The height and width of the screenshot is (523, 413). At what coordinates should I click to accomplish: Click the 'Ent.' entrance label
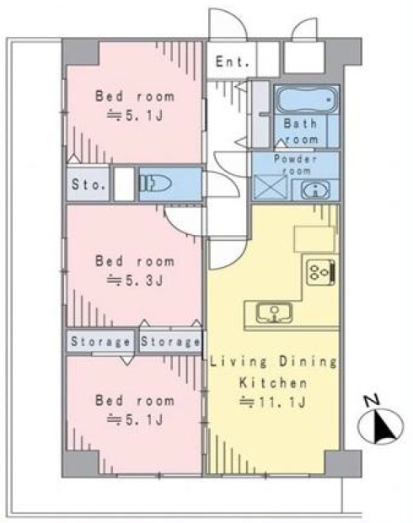[x=233, y=61]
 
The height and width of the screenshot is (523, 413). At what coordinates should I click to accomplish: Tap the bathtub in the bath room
[x=306, y=99]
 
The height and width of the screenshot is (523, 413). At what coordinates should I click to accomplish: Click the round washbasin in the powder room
[x=315, y=190]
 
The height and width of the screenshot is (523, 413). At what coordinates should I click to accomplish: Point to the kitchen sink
[x=274, y=312]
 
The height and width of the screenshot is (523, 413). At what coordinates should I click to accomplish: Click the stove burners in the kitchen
[x=321, y=272]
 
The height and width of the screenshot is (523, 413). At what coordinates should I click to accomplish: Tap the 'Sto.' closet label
[x=88, y=184]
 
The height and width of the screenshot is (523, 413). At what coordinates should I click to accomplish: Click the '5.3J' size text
[x=144, y=280]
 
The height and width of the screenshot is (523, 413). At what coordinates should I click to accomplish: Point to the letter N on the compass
[x=371, y=400]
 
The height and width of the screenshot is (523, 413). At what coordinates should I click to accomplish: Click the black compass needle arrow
[x=384, y=429]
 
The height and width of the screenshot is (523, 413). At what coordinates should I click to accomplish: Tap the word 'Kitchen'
[x=273, y=382]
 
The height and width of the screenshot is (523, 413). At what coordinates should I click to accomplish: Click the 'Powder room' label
[x=296, y=165]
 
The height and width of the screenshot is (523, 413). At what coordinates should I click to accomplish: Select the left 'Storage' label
[x=100, y=342]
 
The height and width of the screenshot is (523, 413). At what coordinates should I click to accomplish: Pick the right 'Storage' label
[x=170, y=342]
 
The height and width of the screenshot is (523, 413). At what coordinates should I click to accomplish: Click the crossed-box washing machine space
[x=271, y=187]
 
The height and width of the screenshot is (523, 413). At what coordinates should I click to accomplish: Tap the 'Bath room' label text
[x=301, y=131]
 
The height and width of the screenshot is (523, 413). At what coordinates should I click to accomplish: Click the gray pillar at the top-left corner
[x=81, y=53]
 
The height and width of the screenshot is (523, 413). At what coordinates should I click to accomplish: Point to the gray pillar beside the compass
[x=343, y=464]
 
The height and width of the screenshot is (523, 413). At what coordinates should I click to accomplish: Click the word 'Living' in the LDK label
[x=239, y=362]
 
